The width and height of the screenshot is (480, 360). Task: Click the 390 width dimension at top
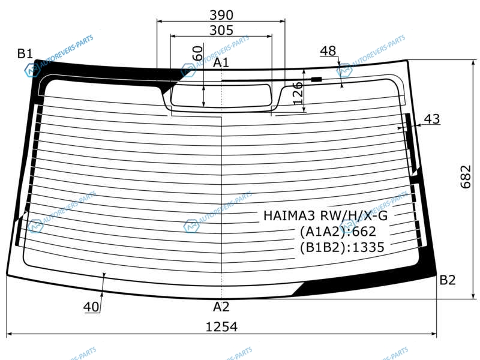pos(221,14)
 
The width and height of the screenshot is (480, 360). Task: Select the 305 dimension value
pos(221,31)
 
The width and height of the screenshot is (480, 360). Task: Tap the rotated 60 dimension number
pos(198,53)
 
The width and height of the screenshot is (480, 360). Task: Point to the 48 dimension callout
pos(328,51)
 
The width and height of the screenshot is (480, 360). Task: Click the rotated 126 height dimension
pos(298,93)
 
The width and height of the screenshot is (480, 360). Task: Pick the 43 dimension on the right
pos(432,119)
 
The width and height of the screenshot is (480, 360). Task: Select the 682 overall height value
pos(466,176)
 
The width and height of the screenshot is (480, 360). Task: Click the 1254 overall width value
pos(221,326)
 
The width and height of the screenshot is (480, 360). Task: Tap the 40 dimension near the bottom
pos(91,307)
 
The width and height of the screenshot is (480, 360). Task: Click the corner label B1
pos(25,53)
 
